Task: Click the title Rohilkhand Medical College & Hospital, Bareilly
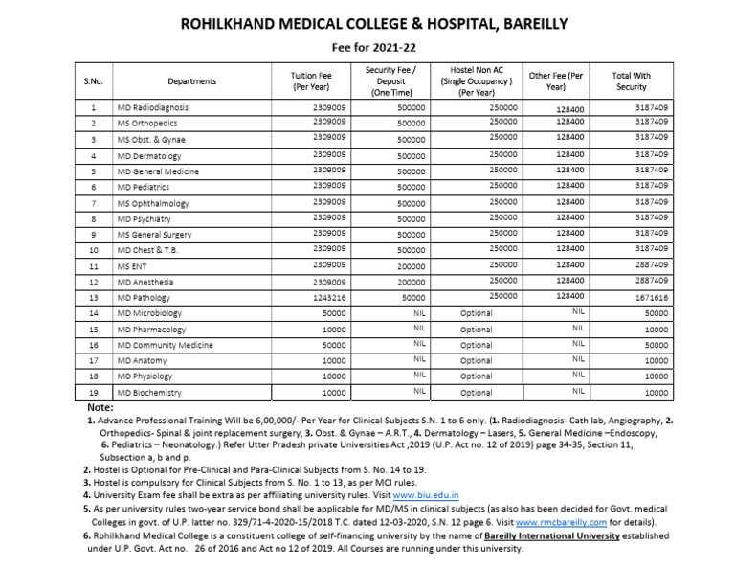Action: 367,23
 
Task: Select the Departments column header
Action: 191,81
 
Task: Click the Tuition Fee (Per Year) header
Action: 309,81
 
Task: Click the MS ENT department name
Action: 135,265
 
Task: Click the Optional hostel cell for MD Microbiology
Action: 476,313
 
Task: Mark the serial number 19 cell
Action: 93,393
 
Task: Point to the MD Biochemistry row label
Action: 150,393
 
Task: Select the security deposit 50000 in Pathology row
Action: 413,298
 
